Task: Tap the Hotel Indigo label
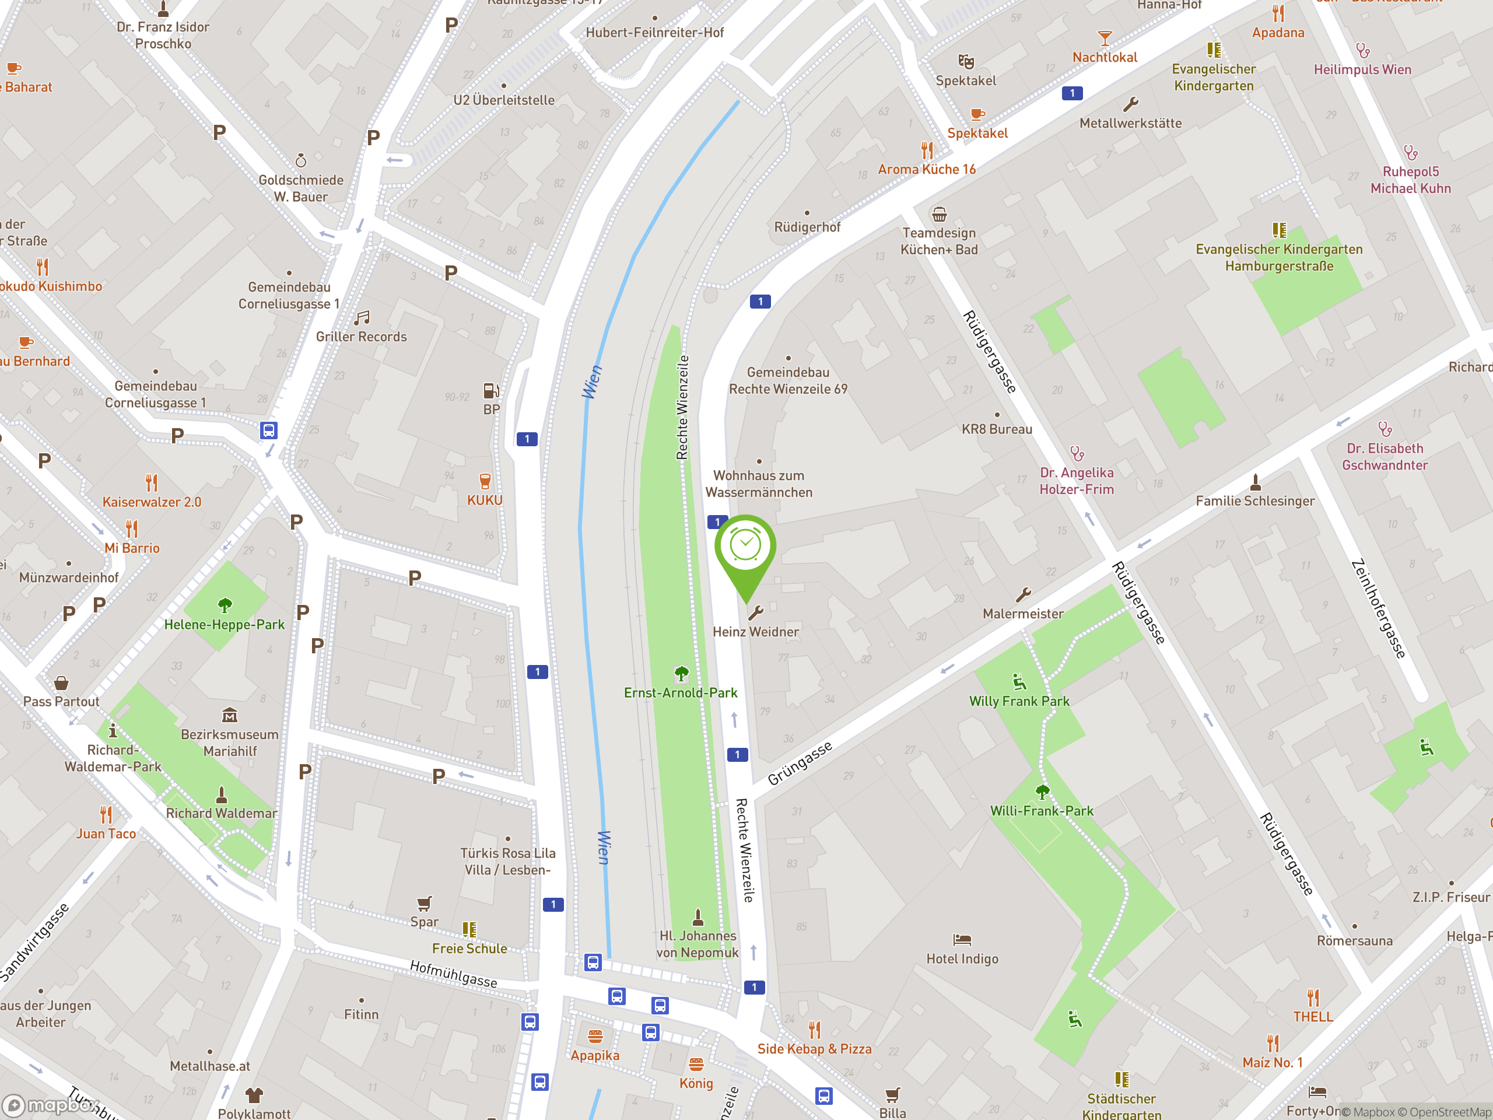point(962,958)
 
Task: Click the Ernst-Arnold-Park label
point(681,692)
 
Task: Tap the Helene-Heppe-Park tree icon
point(225,604)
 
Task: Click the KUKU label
point(485,501)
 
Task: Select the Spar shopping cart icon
point(424,903)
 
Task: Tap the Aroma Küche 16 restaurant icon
point(927,150)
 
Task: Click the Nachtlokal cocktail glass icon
point(1104,38)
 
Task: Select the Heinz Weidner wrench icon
point(755,613)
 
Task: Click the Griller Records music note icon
point(362,318)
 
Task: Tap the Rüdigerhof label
point(807,228)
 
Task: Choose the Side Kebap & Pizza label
point(814,1048)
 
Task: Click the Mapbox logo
point(51,1105)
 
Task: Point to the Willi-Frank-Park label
point(1042,811)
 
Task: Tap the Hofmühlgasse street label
point(454,974)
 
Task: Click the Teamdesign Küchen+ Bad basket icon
point(939,215)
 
